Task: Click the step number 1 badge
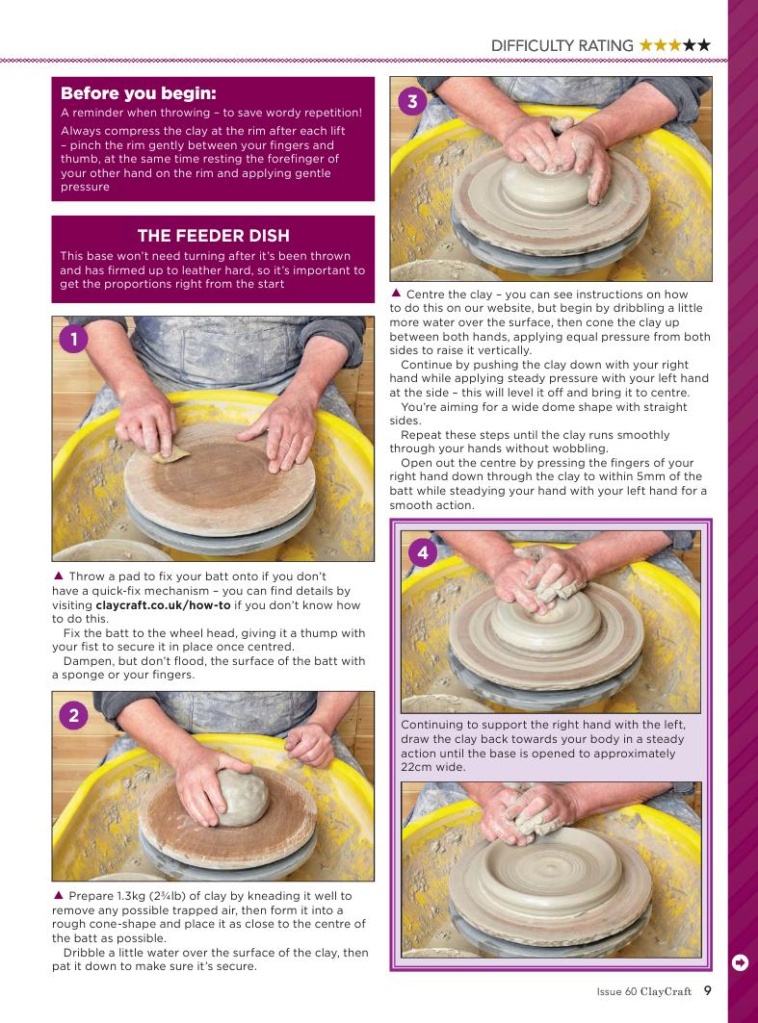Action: pyautogui.click(x=73, y=340)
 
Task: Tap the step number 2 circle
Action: pyautogui.click(x=73, y=716)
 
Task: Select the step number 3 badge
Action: pyautogui.click(x=412, y=101)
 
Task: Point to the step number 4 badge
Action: pyautogui.click(x=423, y=552)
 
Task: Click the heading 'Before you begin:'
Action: pyautogui.click(x=139, y=92)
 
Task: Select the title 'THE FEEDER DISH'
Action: pyautogui.click(x=214, y=236)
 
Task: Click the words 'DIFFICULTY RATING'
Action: pyautogui.click(x=562, y=45)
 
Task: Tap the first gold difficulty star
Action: pyautogui.click(x=646, y=45)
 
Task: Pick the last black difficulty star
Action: pyautogui.click(x=703, y=45)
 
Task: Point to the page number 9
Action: pyautogui.click(x=708, y=990)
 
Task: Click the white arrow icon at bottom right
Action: pyautogui.click(x=741, y=962)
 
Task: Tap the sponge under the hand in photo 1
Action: pyautogui.click(x=171, y=455)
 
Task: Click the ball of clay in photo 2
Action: pyautogui.click(x=242, y=797)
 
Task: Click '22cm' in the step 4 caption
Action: pyautogui.click(x=415, y=767)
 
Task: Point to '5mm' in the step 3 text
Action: pyautogui.click(x=649, y=476)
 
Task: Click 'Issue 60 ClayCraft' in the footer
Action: pyautogui.click(x=643, y=991)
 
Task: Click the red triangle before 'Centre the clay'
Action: pyautogui.click(x=396, y=293)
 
